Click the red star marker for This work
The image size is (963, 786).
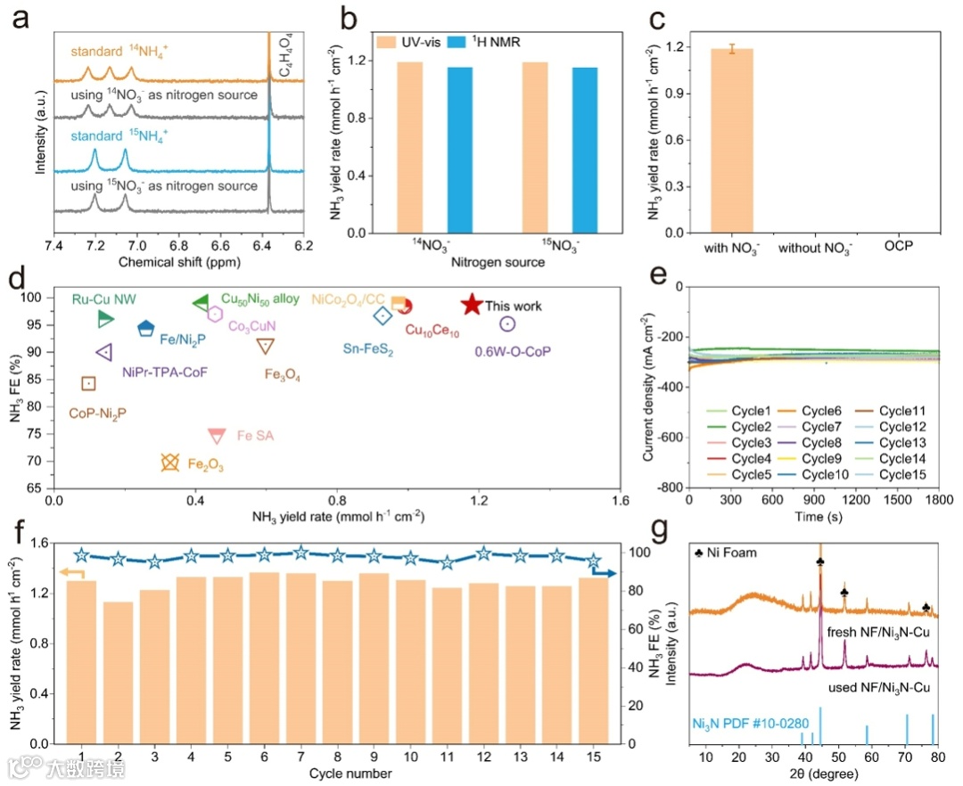pyautogui.click(x=473, y=305)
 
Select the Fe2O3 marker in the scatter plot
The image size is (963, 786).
pyautogui.click(x=170, y=463)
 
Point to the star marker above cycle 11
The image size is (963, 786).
pyautogui.click(x=448, y=563)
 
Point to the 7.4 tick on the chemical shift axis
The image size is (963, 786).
pyautogui.click(x=53, y=246)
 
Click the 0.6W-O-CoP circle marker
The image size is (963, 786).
pyautogui.click(x=507, y=323)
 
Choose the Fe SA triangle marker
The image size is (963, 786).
pyautogui.click(x=217, y=435)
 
